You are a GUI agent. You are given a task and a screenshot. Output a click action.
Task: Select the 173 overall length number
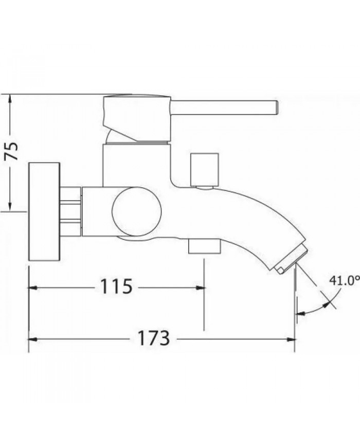coord(153,338)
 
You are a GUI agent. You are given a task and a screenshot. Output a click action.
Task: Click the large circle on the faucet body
coord(137,211)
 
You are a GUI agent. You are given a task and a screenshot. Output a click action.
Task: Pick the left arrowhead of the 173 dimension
coord(32,339)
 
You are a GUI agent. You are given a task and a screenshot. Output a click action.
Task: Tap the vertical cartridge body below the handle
coord(136,165)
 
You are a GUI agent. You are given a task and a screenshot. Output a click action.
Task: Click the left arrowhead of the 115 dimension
coord(32,287)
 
